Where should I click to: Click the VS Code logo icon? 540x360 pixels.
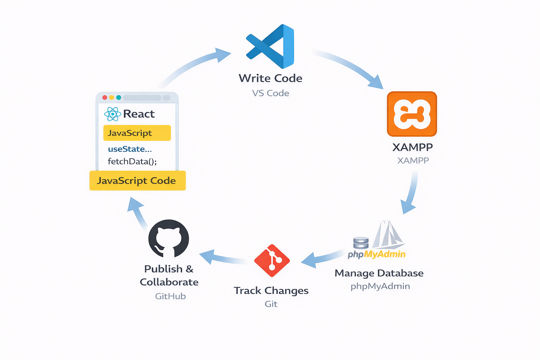[x=270, y=46]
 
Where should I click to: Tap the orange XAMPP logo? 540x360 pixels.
[x=412, y=114]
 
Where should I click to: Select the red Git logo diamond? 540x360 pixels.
[x=272, y=261]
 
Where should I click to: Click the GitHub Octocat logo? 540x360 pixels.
[x=169, y=239]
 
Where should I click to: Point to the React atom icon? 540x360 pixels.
[x=112, y=114]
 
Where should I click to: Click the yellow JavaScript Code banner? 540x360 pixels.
[x=137, y=181]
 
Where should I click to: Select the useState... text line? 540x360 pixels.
[x=130, y=149]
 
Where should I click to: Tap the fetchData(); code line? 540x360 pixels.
[x=132, y=161]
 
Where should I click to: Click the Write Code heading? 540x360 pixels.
[x=270, y=78]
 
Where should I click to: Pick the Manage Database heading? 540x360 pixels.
[x=379, y=273]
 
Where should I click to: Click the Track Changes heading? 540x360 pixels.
[x=271, y=291]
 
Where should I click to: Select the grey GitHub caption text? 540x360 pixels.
[x=171, y=296]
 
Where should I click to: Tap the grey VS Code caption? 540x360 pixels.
[x=270, y=93]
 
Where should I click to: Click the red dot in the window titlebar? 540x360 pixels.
[x=104, y=97]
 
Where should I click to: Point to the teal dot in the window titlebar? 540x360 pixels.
[x=118, y=97]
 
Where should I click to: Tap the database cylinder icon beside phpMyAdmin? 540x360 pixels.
[x=361, y=243]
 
